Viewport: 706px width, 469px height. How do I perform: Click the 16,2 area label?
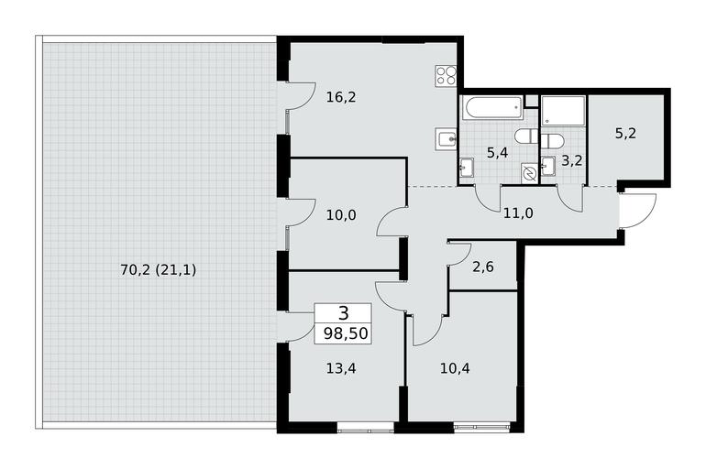click(341, 97)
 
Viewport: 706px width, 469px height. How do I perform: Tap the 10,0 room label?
click(341, 215)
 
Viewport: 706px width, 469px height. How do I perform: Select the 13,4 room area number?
click(341, 369)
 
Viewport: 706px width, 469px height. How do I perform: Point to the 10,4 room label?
click(455, 369)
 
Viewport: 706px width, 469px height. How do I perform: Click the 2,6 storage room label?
click(483, 267)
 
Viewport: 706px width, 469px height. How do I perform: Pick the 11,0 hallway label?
click(518, 213)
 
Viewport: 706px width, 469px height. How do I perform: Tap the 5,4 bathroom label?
click(497, 153)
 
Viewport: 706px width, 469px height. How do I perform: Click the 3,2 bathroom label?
click(571, 160)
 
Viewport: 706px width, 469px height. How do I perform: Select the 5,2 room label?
click(625, 134)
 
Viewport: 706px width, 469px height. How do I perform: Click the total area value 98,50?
click(346, 333)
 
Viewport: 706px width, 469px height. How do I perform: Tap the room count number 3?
click(343, 313)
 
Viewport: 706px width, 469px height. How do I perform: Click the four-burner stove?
click(446, 75)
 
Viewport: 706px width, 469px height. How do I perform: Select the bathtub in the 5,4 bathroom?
click(492, 107)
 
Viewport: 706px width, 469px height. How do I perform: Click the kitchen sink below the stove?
click(447, 139)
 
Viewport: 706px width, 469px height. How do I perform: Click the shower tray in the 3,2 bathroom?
click(563, 111)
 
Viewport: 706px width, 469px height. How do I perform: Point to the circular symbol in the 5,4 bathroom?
click(529, 173)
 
